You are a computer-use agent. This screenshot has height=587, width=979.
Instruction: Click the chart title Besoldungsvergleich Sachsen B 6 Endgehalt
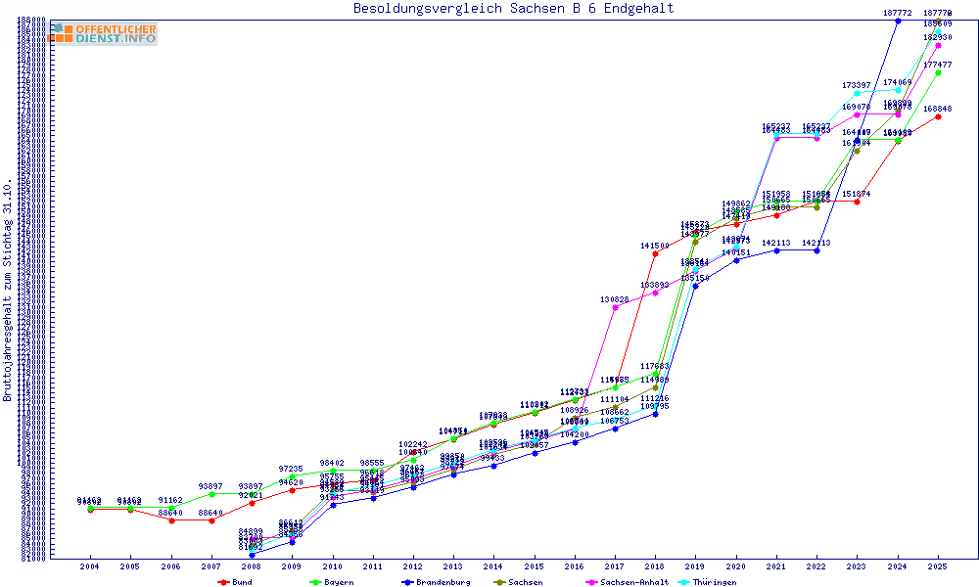point(513,9)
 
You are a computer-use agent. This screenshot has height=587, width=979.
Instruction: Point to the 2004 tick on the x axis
point(89,566)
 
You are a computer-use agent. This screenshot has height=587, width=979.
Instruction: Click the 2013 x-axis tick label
point(453,566)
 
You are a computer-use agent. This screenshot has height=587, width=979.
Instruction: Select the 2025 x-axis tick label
point(938,566)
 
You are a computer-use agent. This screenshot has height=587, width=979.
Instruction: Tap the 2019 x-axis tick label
point(695,566)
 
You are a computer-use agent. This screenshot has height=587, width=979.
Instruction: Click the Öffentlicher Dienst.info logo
point(102,33)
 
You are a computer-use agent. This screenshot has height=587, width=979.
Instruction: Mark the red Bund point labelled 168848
point(938,116)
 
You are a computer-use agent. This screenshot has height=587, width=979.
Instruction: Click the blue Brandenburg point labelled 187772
point(898,21)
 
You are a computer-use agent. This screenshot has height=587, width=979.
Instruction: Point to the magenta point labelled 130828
point(615,307)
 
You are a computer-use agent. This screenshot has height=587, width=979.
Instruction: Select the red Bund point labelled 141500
point(655,253)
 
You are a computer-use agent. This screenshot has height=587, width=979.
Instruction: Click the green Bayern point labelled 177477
point(938,72)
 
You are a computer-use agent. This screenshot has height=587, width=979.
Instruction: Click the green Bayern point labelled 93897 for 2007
point(210,494)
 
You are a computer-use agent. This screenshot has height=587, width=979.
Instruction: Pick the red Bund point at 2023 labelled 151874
point(857,202)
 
